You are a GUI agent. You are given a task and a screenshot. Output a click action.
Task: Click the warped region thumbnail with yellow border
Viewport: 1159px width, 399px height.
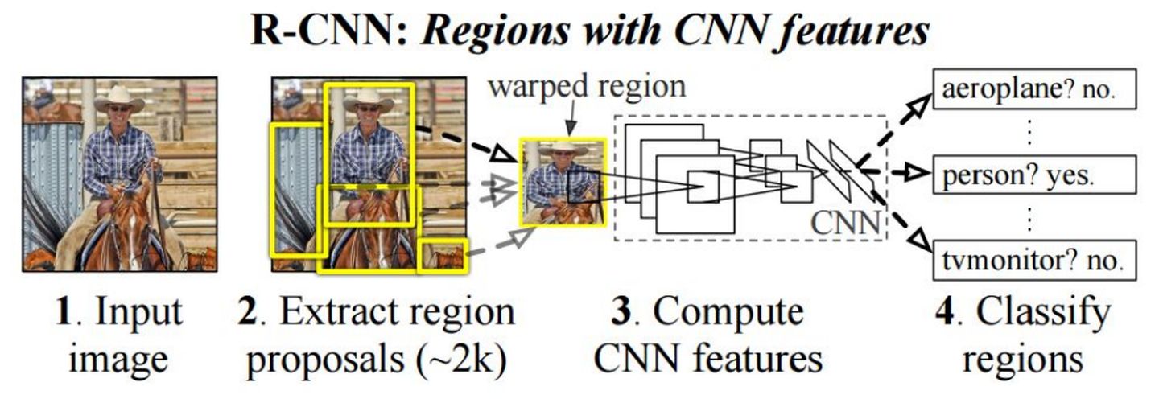(563, 182)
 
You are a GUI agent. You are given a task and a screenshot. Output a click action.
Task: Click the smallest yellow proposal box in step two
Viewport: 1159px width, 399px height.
(443, 257)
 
